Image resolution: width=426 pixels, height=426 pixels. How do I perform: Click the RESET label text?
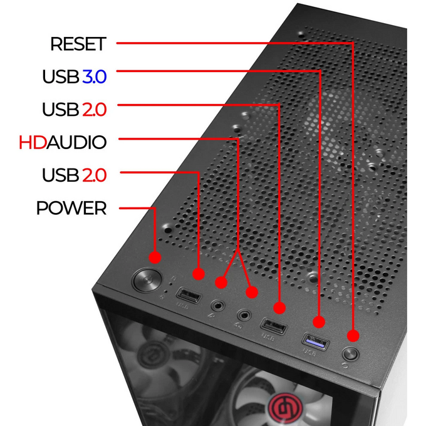point(78,44)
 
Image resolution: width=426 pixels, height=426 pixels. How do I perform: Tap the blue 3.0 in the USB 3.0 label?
point(94,76)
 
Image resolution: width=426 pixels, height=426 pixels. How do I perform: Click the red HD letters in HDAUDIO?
point(33,142)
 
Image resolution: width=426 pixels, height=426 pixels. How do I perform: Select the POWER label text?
point(71,208)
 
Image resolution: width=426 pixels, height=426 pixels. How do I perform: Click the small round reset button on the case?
point(350,354)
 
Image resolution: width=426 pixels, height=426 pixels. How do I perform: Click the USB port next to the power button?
point(189,295)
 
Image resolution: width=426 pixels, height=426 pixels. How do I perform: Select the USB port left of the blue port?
point(273,325)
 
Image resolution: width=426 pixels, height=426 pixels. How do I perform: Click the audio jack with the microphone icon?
point(218,306)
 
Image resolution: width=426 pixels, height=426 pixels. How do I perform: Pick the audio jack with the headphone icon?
point(244,315)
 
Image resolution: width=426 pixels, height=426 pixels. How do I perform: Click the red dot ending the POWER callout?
point(155,257)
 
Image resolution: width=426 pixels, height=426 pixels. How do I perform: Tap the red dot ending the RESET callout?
point(353,336)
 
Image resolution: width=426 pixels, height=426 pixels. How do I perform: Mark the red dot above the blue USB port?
point(319,322)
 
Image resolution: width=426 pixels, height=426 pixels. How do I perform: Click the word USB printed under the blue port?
point(309,352)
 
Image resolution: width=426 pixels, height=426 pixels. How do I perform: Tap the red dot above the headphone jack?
point(252,292)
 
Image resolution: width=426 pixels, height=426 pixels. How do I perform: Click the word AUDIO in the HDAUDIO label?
point(76,142)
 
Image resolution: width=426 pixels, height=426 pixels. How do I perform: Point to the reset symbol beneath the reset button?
point(345,366)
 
